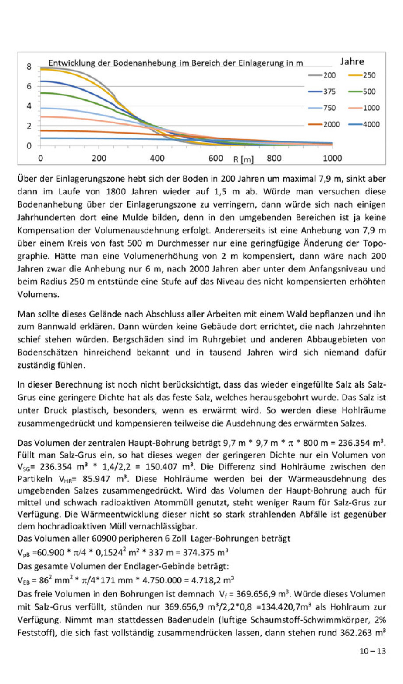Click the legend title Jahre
click(352, 62)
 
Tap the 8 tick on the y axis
click(29, 67)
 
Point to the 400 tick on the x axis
click(157, 158)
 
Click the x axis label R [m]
click(244, 159)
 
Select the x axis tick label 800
click(274, 158)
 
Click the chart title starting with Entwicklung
click(175, 63)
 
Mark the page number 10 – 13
click(373, 651)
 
